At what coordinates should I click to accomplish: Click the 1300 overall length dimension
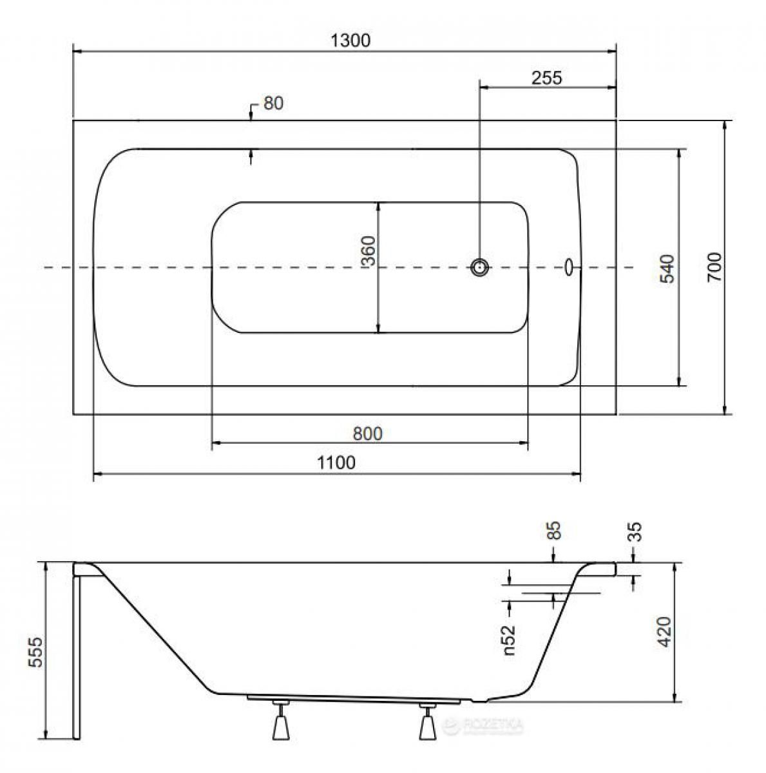350,40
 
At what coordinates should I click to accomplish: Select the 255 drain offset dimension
546,77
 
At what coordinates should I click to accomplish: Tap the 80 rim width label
273,103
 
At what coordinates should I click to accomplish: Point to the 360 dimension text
368,251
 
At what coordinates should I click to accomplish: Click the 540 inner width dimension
667,269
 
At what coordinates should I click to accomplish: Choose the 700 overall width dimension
714,267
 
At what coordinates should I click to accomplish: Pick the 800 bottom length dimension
368,434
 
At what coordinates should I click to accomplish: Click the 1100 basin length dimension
336,463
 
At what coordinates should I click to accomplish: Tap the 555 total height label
35,652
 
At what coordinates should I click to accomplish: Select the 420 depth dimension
665,632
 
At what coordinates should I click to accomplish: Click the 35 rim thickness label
636,531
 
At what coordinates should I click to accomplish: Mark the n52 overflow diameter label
508,640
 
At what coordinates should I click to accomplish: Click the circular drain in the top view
479,267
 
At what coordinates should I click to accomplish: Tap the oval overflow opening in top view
569,267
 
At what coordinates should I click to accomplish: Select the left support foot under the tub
280,720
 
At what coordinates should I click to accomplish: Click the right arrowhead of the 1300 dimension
611,52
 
